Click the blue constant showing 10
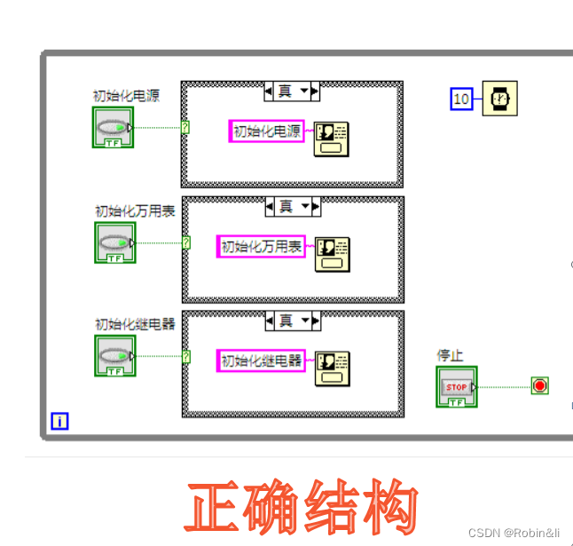tap(461, 99)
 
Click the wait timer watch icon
tap(500, 99)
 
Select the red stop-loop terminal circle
tap(539, 385)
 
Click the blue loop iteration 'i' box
tap(59, 421)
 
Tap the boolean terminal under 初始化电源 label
tap(113, 128)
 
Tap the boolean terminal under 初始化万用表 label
tap(114, 242)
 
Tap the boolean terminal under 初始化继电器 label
tap(114, 355)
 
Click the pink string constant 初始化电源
tap(266, 131)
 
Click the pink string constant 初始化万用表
tap(261, 246)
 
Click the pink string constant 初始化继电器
tap(261, 360)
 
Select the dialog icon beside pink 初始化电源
tap(331, 138)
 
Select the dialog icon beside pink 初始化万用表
tap(333, 253)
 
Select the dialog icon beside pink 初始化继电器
tap(333, 368)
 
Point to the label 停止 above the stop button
tap(450, 355)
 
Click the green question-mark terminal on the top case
tap(184, 127)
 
